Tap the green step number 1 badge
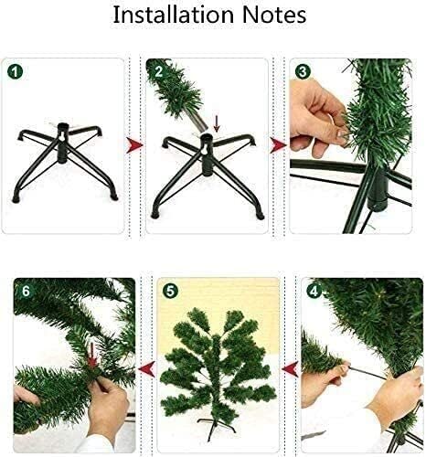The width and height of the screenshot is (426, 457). coord(16,70)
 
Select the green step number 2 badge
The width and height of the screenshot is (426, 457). coord(157,69)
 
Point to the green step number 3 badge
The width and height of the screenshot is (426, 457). coord(303,70)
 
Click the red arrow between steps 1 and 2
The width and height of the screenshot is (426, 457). coord(134,143)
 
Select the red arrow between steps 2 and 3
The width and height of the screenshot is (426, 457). coord(278,143)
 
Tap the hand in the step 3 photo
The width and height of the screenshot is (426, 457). coord(320,119)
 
